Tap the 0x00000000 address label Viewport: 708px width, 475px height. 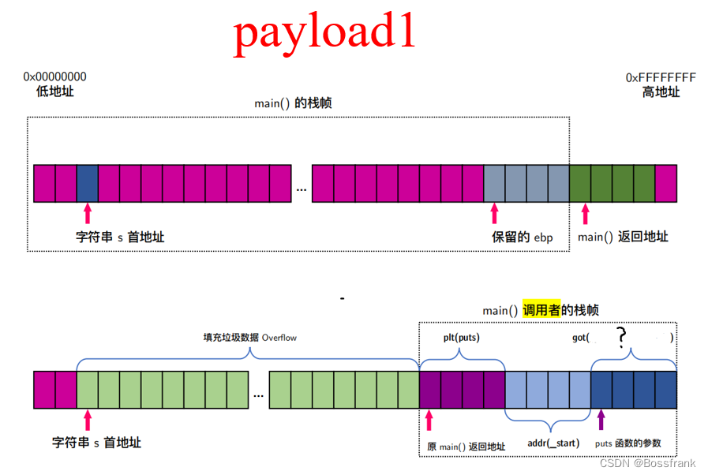click(55, 77)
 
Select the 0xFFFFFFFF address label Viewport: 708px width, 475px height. click(661, 77)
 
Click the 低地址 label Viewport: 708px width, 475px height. click(55, 92)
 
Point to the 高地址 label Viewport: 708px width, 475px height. click(661, 92)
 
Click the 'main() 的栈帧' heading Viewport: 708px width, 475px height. click(293, 103)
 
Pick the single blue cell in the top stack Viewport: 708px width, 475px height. click(88, 183)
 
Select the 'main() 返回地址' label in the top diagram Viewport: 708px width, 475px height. click(623, 237)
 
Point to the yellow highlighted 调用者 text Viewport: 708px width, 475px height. click(540, 310)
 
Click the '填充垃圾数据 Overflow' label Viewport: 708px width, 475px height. click(249, 338)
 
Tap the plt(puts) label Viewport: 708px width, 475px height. click(461, 338)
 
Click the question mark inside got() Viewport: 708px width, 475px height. click(622, 338)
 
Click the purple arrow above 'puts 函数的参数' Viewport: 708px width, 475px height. click(601, 418)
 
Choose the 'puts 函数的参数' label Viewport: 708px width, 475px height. click(627, 443)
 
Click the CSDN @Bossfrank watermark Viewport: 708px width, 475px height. click(647, 463)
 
